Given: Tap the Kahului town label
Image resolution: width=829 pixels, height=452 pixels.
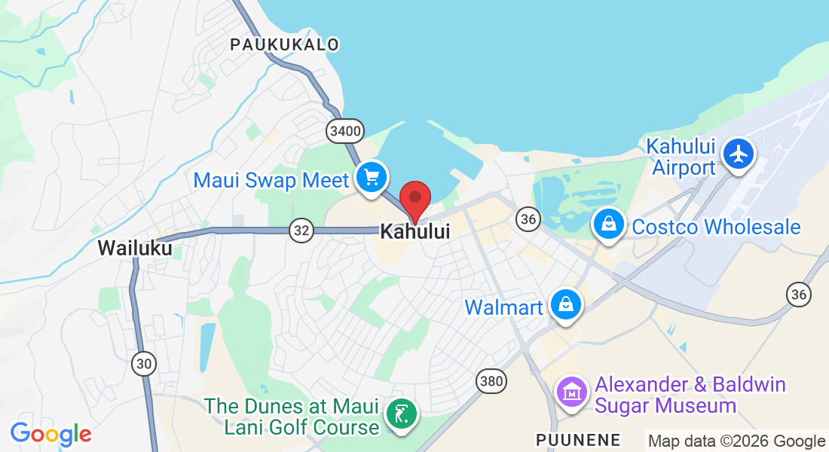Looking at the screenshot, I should (414, 231).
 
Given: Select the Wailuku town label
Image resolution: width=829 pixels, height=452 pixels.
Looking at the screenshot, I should (135, 248).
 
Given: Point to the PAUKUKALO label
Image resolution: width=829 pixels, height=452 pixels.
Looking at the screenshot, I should (285, 45).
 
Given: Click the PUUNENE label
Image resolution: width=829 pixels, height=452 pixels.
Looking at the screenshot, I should (578, 440).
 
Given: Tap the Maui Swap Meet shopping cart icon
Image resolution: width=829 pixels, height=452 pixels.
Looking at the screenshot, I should (372, 178).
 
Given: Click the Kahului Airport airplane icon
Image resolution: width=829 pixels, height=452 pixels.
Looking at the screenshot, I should (739, 154).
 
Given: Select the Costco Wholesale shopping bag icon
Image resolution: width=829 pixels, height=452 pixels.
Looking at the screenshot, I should (607, 224).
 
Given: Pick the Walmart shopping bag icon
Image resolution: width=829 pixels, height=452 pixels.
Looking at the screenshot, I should (565, 305).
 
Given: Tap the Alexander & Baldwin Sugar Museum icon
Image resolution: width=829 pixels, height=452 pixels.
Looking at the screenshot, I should (572, 392).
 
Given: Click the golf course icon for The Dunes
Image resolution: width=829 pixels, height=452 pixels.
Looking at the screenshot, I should (402, 414).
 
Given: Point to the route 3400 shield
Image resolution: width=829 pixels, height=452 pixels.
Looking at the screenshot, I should (345, 131).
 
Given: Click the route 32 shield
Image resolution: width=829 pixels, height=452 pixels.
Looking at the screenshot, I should (301, 231).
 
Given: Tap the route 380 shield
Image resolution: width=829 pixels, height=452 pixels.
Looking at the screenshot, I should (491, 381).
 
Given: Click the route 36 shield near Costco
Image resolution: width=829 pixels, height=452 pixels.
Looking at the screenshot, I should (528, 219).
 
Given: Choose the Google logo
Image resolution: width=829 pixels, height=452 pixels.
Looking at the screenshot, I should (51, 434).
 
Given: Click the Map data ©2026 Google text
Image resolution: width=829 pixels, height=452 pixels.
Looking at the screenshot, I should (737, 441).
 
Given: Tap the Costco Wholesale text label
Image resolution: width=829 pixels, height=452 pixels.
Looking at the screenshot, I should (716, 227).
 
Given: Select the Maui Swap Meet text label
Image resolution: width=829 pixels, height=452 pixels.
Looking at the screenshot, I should (271, 181).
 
